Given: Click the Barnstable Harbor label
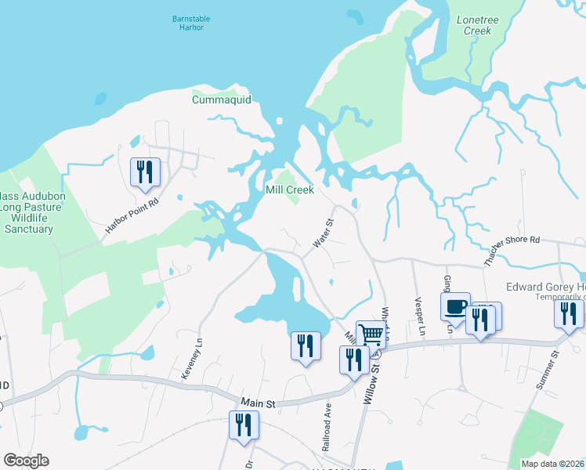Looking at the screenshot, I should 186,22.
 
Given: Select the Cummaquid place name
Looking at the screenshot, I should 219,99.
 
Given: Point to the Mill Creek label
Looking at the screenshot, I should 290,190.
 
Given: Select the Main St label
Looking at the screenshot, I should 259,403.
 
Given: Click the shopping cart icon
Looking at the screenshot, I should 371,334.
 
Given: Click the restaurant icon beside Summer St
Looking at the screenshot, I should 569,313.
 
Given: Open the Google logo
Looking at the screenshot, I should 26,461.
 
